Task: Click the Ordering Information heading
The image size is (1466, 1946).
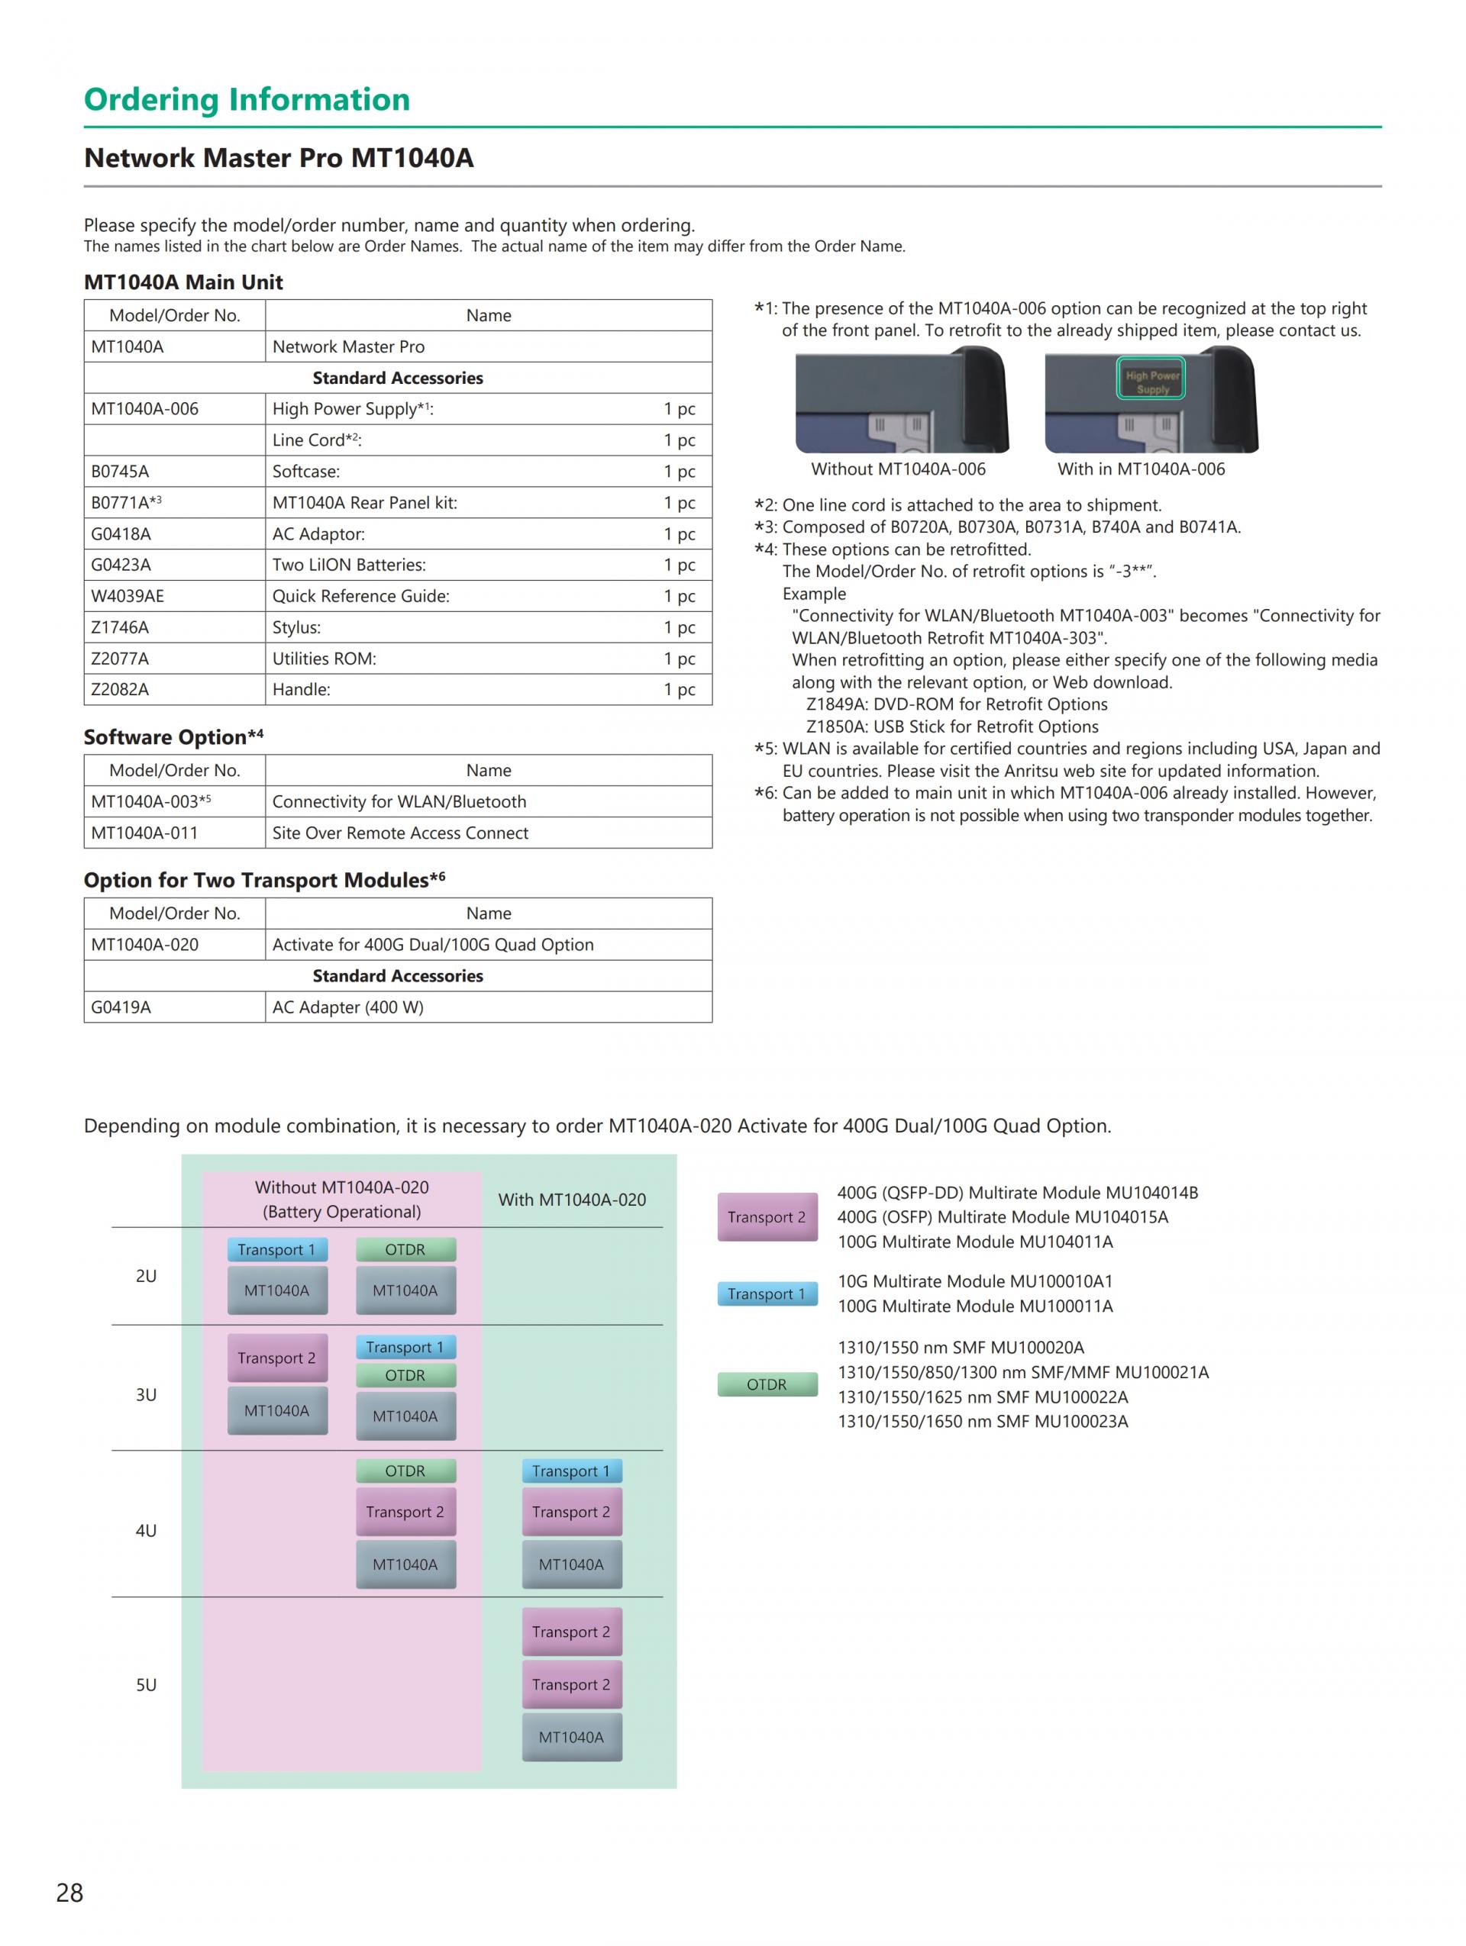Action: click(247, 99)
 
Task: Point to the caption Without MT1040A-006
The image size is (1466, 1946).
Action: click(898, 469)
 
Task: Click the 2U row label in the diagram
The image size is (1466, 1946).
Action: click(146, 1276)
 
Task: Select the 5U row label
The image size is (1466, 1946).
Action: click(146, 1685)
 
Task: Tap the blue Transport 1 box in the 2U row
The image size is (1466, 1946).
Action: click(276, 1249)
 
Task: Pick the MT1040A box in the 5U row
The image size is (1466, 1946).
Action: click(571, 1737)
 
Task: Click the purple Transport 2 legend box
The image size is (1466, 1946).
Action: click(767, 1216)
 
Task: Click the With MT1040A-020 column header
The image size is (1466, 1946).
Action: click(572, 1199)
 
